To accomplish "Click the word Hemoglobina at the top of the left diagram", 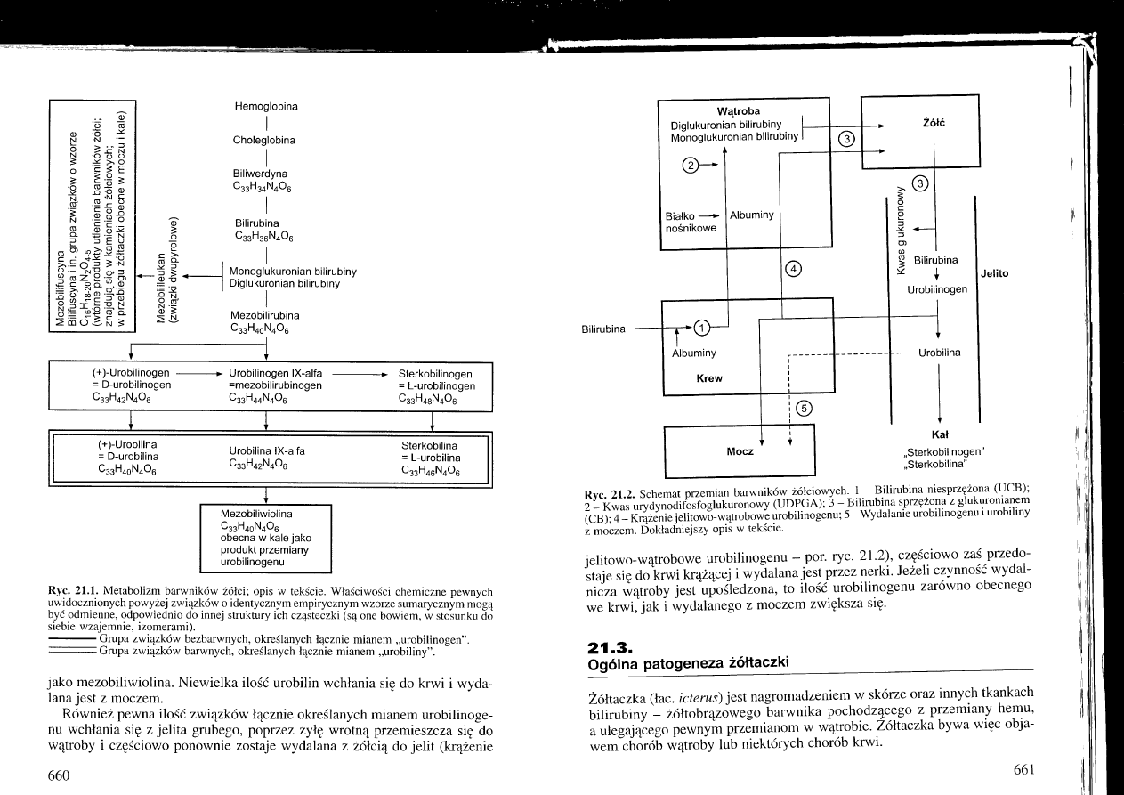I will click(266, 106).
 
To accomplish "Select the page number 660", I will click(59, 775).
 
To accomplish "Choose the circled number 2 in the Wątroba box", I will click(691, 164).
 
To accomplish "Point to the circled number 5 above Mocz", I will click(804, 409).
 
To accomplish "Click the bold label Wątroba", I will click(738, 110).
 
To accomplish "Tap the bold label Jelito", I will click(994, 273).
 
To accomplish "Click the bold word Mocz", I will click(740, 451).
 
